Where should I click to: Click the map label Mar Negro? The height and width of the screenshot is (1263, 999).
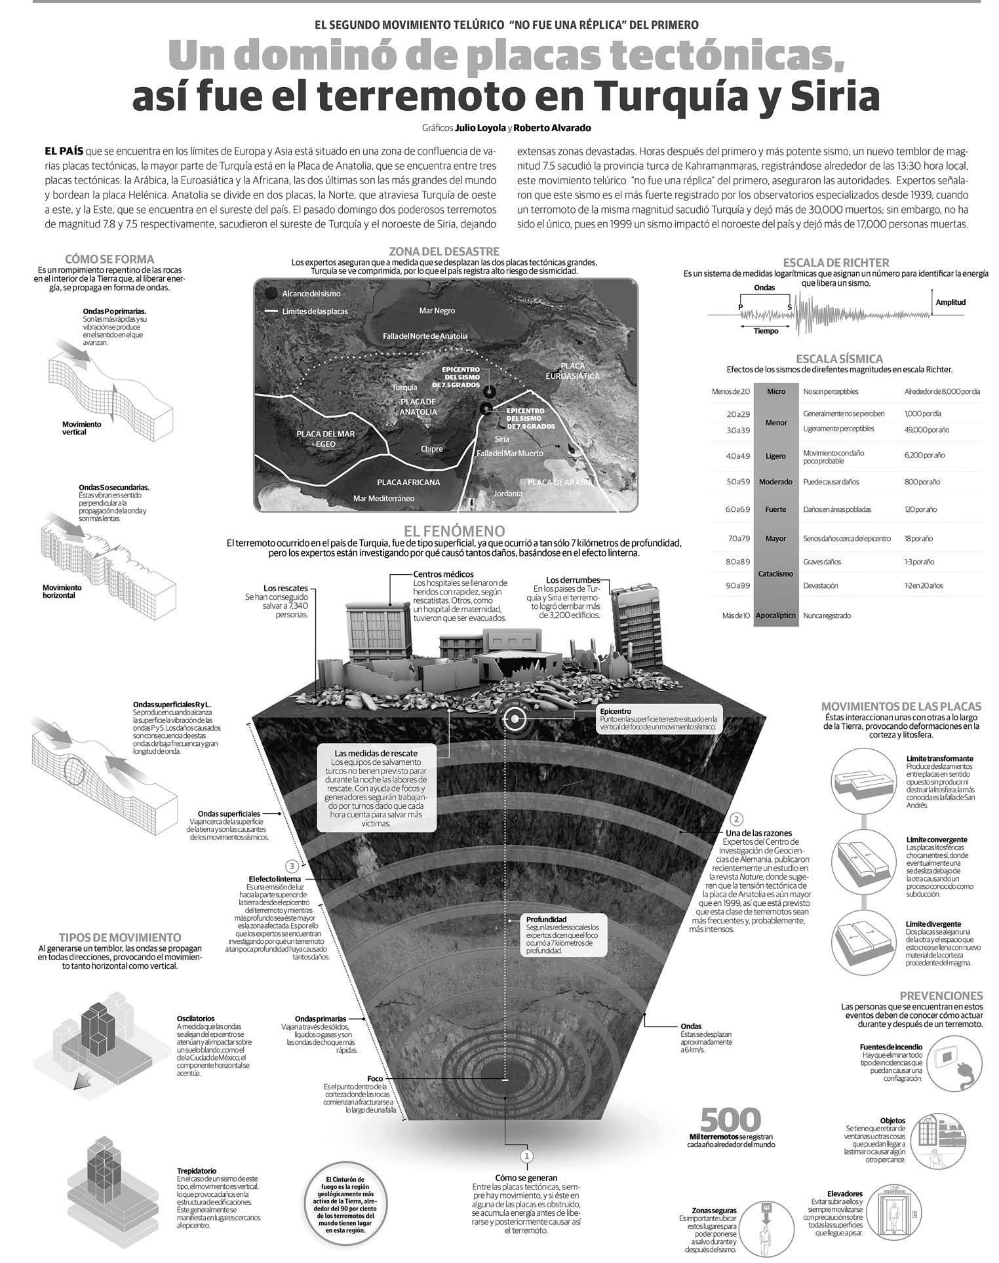tap(437, 310)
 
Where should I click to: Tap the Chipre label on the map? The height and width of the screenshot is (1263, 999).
tap(431, 449)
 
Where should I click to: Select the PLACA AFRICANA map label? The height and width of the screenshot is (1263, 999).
tap(408, 482)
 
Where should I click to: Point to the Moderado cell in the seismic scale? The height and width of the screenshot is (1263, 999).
tap(775, 482)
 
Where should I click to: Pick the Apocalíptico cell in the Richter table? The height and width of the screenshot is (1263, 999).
tap(775, 615)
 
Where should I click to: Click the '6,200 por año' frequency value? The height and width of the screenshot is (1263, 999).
tap(924, 455)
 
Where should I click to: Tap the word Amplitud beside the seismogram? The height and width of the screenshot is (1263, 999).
tap(950, 302)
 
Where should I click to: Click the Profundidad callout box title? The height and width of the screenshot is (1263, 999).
tap(546, 919)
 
